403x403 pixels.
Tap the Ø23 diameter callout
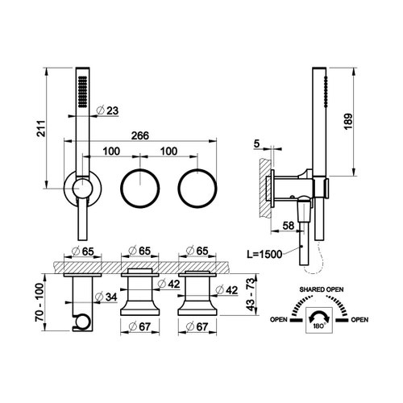[x=108, y=111]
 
